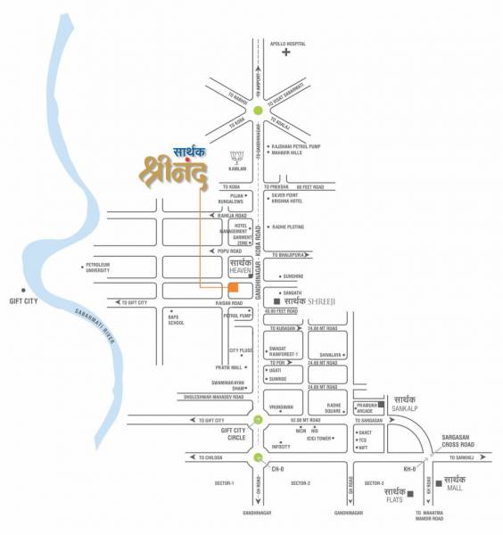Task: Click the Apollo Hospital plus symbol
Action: [286, 53]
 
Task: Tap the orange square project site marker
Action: [233, 288]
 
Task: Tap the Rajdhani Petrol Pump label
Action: [296, 145]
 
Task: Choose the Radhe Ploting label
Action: [290, 226]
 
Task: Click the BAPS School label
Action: [176, 319]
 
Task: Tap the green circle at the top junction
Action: [258, 111]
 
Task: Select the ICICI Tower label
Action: [319, 438]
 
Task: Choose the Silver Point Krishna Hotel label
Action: [291, 197]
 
